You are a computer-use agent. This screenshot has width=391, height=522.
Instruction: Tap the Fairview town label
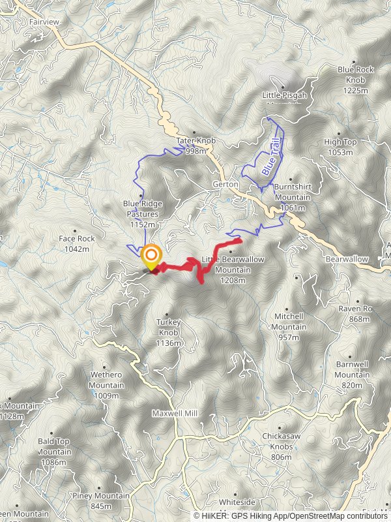coord(44,22)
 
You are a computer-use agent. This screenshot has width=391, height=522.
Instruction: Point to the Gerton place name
coord(225,185)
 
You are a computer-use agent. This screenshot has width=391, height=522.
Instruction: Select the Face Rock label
coord(77,239)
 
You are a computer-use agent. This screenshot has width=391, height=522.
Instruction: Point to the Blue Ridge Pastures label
coord(143,209)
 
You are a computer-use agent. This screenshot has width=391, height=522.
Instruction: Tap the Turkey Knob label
coord(167,326)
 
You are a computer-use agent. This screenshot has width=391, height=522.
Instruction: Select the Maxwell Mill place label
coord(175,414)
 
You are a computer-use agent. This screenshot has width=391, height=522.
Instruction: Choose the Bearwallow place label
coord(347,259)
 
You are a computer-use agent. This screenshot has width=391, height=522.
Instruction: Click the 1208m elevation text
coord(233,281)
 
